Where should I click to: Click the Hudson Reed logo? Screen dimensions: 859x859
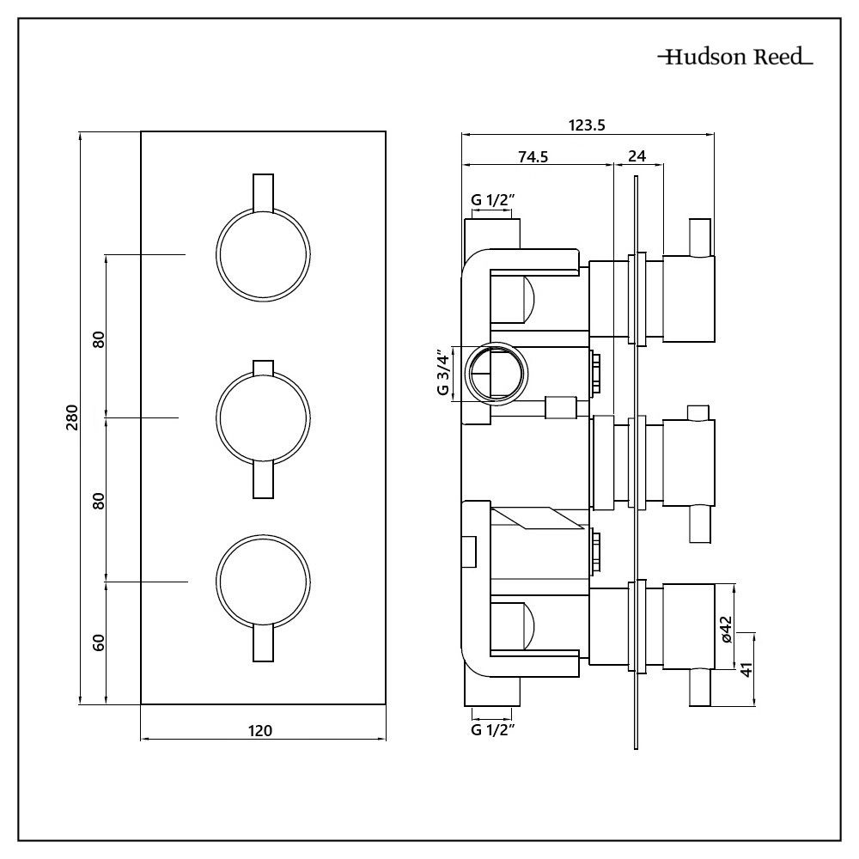click(x=734, y=58)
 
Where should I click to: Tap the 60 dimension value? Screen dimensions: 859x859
click(x=98, y=642)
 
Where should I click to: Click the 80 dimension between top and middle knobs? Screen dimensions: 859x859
click(x=98, y=338)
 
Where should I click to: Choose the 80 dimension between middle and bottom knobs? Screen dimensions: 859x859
click(x=98, y=500)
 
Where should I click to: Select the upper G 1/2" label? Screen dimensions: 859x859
click(x=492, y=200)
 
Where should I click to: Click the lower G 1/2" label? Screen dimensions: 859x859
click(x=492, y=730)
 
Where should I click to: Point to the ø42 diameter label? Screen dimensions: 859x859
click(x=726, y=627)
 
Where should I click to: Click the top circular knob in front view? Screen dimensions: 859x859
click(x=261, y=255)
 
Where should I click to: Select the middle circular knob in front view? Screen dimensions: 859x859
click(x=261, y=418)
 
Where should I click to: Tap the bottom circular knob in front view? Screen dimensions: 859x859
click(x=261, y=582)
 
